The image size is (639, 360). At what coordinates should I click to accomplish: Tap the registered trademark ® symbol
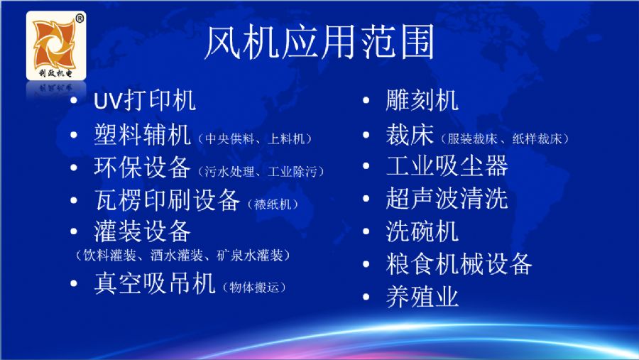(x=80, y=18)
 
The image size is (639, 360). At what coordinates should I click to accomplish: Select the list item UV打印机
(x=145, y=101)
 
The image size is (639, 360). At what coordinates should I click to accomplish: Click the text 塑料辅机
(x=142, y=134)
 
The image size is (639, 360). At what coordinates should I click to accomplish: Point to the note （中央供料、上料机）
(x=255, y=139)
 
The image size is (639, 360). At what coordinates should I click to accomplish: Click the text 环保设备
(x=142, y=167)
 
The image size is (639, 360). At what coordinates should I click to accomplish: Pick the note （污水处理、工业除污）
(x=261, y=172)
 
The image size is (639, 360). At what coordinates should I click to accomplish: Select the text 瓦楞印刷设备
(x=167, y=200)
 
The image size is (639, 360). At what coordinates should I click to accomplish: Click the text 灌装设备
(x=142, y=231)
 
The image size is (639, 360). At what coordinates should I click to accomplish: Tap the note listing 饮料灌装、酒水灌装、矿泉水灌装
(x=183, y=256)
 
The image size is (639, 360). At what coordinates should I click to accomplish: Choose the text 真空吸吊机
(x=155, y=283)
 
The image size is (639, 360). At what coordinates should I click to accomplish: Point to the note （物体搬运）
(x=254, y=288)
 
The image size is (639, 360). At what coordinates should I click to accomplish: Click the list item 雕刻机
(x=422, y=100)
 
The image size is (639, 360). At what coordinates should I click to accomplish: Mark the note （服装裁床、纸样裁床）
(x=505, y=139)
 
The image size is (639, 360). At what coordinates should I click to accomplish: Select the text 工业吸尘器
(x=447, y=166)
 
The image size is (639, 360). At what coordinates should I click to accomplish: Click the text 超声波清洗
(x=447, y=199)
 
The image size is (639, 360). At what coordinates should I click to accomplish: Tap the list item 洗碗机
(x=422, y=231)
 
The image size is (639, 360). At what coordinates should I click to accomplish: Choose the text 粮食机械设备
(x=459, y=263)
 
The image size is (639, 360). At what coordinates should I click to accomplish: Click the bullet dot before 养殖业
(x=366, y=297)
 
